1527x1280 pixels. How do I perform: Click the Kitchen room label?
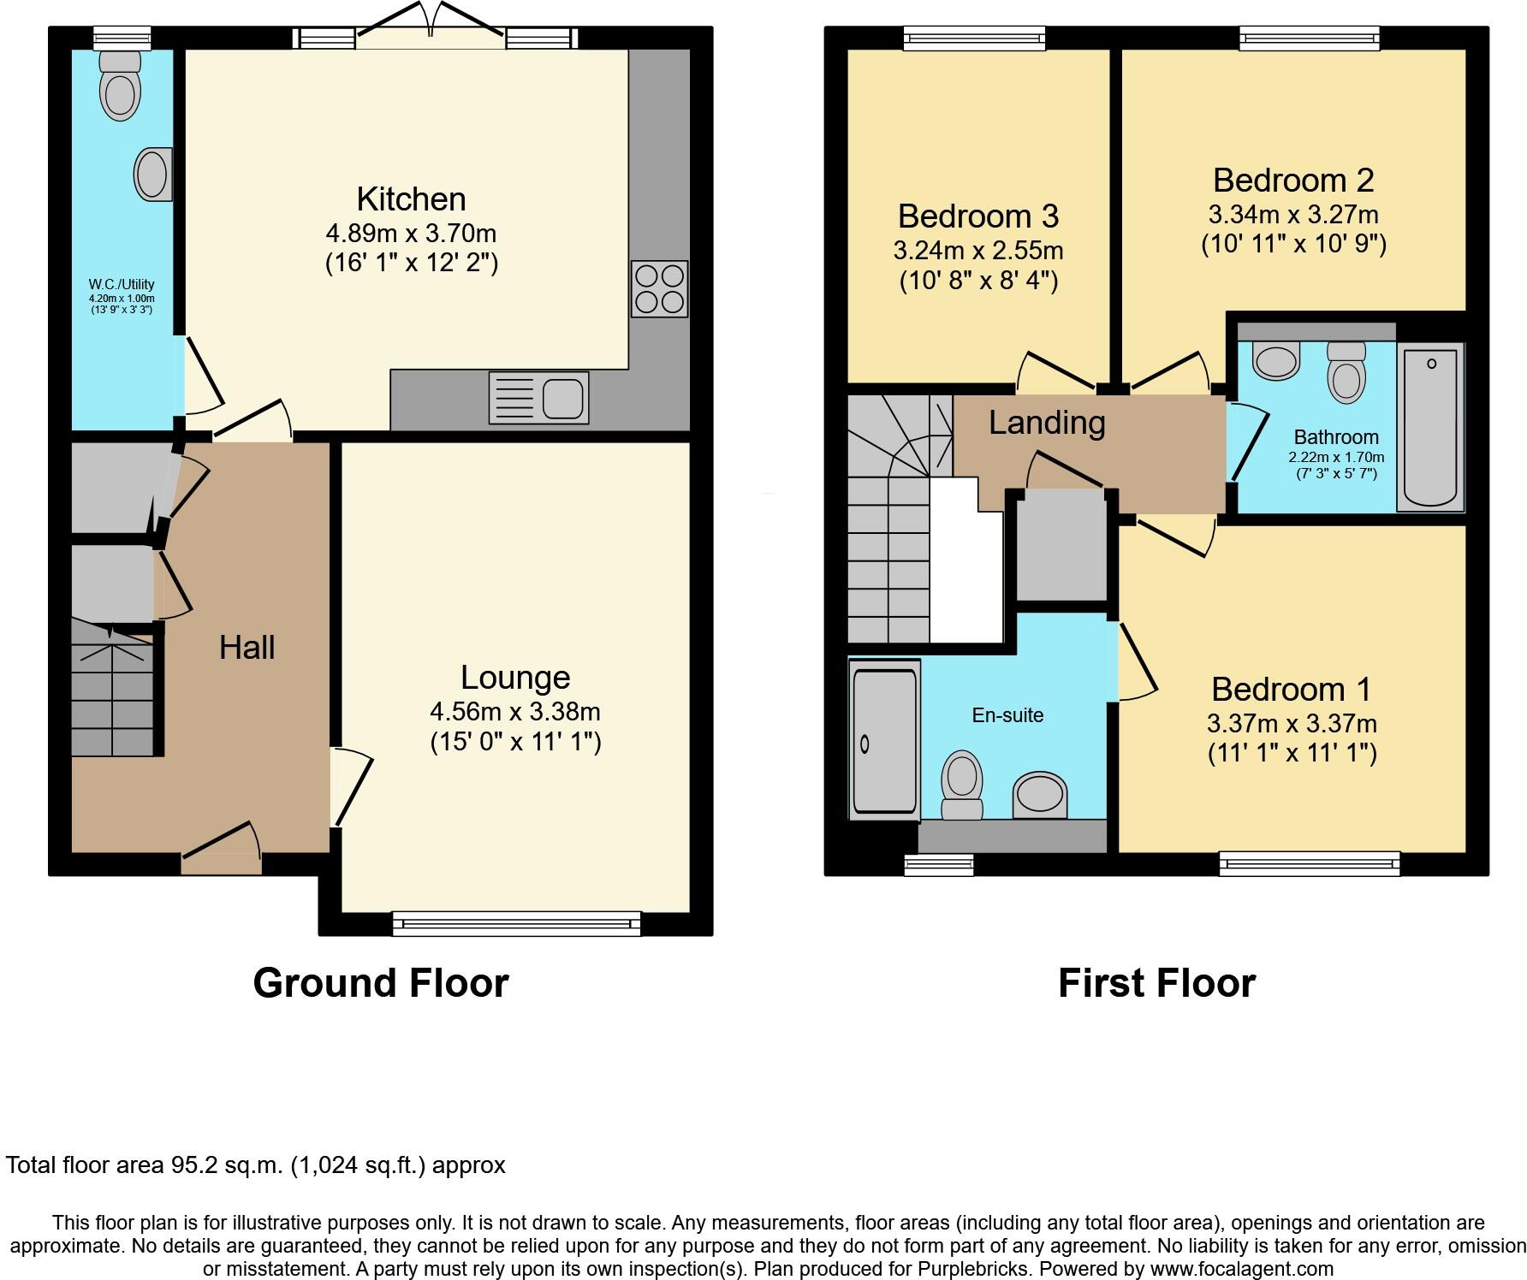pyautogui.click(x=411, y=199)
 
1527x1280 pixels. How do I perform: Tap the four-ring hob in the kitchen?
pyautogui.click(x=659, y=289)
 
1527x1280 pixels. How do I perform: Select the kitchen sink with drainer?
pyautogui.click(x=538, y=397)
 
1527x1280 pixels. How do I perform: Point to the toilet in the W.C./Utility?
pyautogui.click(x=120, y=85)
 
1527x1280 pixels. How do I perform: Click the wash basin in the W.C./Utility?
pyautogui.click(x=153, y=175)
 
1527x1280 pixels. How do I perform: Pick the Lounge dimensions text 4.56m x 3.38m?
pyautogui.click(x=515, y=711)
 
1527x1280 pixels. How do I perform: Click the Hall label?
pyautogui.click(x=247, y=648)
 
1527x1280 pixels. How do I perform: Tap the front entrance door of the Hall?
pyautogui.click(x=221, y=848)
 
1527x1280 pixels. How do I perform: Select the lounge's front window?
pyautogui.click(x=517, y=923)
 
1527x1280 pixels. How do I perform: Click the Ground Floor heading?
pyautogui.click(x=381, y=983)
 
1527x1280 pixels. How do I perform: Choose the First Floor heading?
pyautogui.click(x=1156, y=983)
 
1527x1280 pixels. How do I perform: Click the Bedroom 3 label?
pyautogui.click(x=978, y=216)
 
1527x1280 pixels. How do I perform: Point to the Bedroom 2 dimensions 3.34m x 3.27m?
pyautogui.click(x=1293, y=214)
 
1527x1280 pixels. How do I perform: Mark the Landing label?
pyautogui.click(x=1047, y=423)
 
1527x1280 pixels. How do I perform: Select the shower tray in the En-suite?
pyautogui.click(x=885, y=739)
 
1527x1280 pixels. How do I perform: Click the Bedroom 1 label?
pyautogui.click(x=1291, y=689)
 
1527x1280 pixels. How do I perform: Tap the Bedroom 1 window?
pyautogui.click(x=1310, y=864)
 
